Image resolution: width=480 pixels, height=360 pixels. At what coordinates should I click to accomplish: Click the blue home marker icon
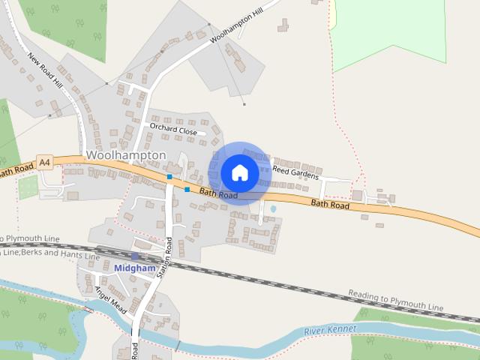(x=240, y=172)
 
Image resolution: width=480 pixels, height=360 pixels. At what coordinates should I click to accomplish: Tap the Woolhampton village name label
(x=125, y=154)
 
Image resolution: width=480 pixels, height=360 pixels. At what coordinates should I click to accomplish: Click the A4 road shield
(x=45, y=161)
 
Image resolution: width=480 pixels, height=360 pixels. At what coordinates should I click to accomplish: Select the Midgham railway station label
(x=135, y=268)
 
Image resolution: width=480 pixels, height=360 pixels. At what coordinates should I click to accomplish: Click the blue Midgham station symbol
(x=135, y=256)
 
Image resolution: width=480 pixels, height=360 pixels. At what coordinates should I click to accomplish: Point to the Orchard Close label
(x=173, y=130)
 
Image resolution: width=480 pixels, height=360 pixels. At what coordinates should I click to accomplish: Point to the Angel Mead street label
(x=109, y=299)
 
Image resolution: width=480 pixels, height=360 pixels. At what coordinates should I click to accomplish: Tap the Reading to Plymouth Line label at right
(x=395, y=302)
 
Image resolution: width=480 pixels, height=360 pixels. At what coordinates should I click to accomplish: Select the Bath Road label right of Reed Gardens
(x=330, y=204)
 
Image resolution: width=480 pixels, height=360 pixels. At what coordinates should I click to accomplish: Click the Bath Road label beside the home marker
(x=218, y=193)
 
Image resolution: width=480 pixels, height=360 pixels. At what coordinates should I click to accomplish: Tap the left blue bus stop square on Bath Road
(x=170, y=177)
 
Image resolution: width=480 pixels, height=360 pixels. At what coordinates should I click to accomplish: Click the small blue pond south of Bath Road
(x=272, y=208)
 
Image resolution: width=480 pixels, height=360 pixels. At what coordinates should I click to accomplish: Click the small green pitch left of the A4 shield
(x=28, y=187)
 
